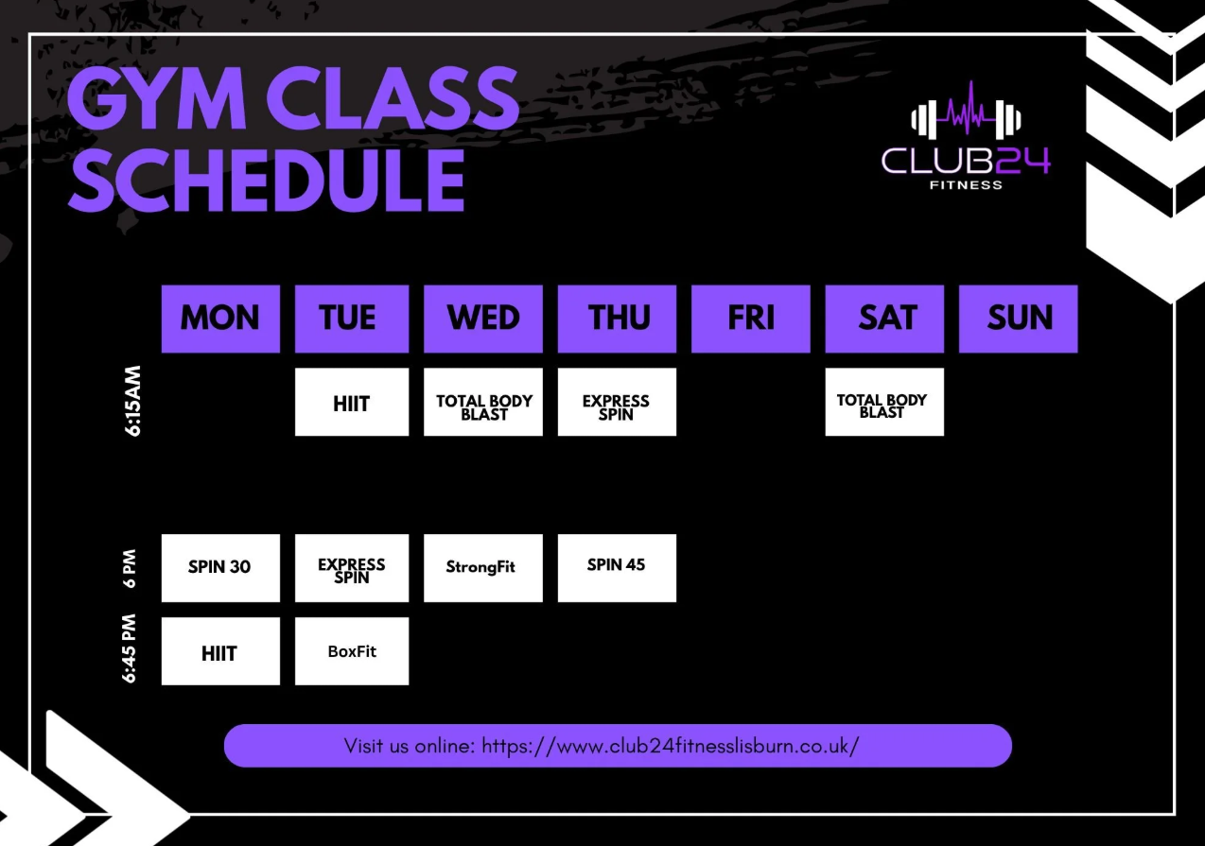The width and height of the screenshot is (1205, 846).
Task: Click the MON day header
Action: [220, 319]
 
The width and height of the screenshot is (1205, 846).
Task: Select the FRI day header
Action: [751, 319]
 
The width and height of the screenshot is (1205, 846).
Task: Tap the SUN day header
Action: [1019, 319]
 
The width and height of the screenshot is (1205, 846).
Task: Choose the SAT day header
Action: [884, 319]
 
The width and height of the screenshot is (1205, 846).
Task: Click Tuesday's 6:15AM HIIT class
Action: [352, 402]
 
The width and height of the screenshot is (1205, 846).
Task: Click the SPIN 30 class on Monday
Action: [220, 567]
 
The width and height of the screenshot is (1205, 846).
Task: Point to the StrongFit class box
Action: [483, 567]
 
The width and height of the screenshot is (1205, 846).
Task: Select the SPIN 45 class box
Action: [617, 567]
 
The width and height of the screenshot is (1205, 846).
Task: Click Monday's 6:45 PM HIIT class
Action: [220, 651]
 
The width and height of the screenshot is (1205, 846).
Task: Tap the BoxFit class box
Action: [352, 651]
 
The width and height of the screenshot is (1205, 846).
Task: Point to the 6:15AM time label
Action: [132, 401]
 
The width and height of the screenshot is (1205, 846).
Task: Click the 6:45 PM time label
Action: [130, 650]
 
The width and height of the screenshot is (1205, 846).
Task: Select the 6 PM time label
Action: [130, 568]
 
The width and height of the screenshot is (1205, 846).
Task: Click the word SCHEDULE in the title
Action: [267, 179]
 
